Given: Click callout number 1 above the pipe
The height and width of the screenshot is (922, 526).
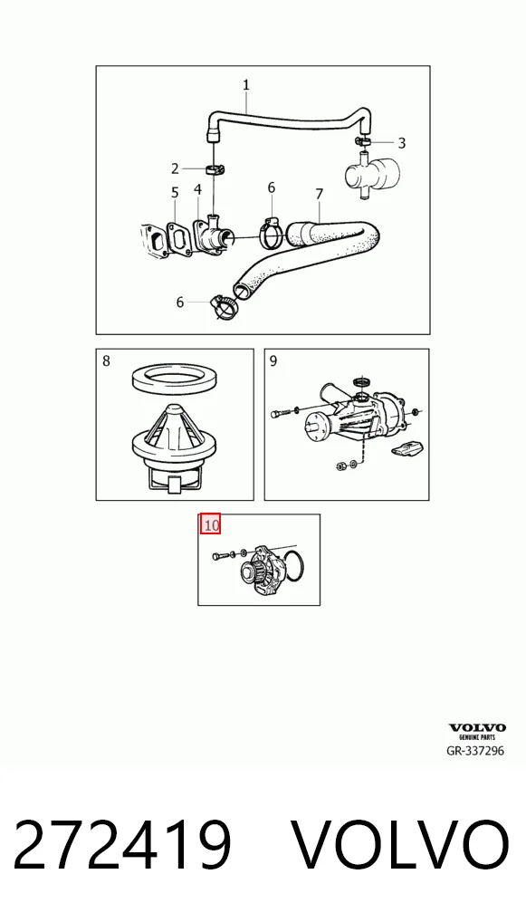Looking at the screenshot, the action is (246, 84).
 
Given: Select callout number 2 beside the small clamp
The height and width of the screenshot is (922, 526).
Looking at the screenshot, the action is (175, 169).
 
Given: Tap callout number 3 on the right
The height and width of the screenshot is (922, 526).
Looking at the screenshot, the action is (401, 143).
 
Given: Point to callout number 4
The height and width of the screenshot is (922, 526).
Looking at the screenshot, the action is (197, 189).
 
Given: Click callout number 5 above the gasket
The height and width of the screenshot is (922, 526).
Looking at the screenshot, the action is (175, 193).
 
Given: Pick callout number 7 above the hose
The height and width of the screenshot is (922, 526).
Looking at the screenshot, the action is (319, 194).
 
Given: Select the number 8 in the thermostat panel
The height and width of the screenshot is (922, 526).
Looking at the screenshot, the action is (106, 360).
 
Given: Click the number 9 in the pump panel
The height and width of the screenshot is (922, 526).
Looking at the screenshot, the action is (273, 360).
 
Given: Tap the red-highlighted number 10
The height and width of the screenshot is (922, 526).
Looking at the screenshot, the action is (211, 523).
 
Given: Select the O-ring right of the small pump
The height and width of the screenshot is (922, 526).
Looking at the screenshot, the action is (292, 567).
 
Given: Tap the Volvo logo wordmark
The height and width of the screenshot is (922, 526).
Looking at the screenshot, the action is (477, 728).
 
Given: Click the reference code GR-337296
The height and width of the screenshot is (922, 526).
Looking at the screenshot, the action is (475, 751).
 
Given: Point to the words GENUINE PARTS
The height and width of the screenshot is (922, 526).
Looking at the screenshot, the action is (477, 737).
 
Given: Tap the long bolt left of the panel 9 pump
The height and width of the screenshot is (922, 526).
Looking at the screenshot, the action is (281, 412).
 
